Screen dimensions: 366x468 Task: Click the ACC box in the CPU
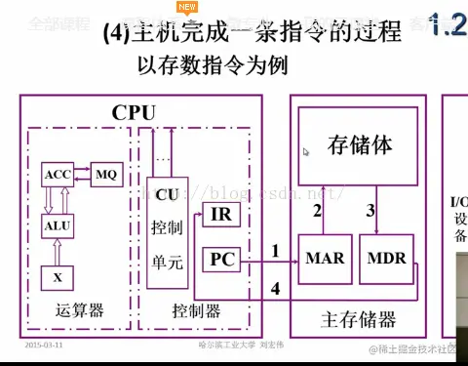pos(58,177)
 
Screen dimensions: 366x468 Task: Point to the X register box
pos(58,277)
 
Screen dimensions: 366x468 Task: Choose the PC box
pos(219,260)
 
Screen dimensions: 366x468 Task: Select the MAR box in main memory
pos(324,260)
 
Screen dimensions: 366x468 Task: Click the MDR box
pos(386,260)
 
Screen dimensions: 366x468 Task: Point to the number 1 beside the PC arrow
pos(275,251)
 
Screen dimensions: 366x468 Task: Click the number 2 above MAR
pos(317,210)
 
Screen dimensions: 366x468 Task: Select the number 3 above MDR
pos(370,210)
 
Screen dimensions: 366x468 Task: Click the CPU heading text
pos(134,111)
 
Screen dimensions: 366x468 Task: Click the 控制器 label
pos(195,311)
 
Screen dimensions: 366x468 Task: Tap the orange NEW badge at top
pos(187,6)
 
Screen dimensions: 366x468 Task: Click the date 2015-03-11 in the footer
pos(45,345)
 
